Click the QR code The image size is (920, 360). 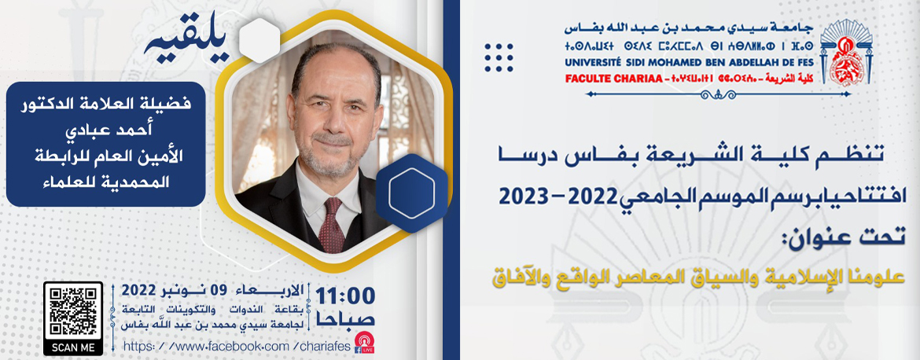[73, 310]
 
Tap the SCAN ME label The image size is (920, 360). [73, 347]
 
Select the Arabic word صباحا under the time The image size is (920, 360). [345, 320]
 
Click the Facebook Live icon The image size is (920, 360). [364, 343]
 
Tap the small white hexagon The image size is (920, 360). [259, 40]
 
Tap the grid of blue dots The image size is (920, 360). [499, 57]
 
